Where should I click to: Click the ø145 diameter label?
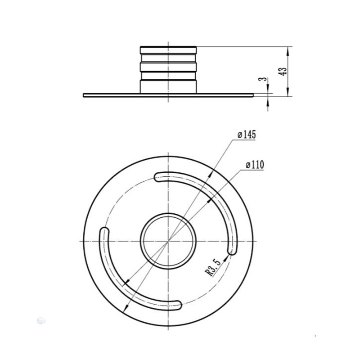pos(246,135)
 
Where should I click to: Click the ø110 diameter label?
pos(254,165)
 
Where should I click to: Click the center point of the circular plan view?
pos(168,241)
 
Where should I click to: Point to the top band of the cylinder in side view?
pos(168,49)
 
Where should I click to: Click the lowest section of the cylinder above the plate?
pos(168,87)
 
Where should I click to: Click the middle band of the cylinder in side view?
pos(168,67)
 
